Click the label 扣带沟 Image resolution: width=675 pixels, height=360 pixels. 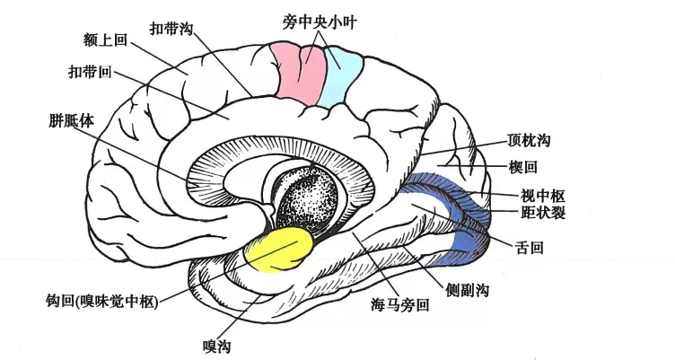coord(171,28)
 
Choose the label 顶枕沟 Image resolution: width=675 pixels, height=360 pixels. coord(529,142)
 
